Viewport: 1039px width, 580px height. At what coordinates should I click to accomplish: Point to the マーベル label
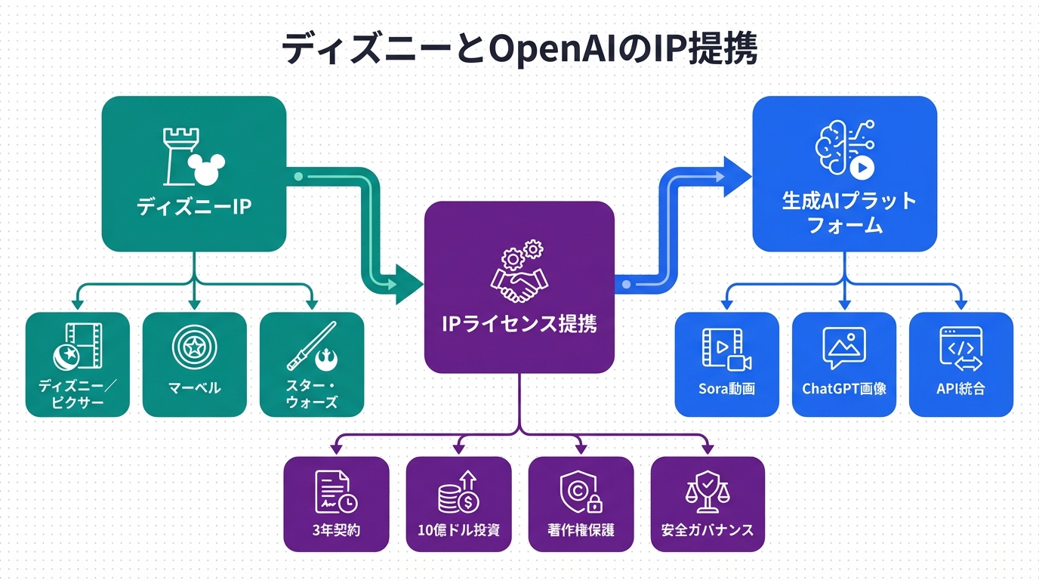point(194,387)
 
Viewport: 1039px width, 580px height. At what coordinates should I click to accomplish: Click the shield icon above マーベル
point(194,347)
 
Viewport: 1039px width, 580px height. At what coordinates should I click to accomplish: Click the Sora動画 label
point(726,389)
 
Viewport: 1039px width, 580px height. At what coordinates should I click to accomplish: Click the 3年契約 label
point(336,529)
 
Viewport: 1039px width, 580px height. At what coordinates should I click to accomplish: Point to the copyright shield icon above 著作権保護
point(581,492)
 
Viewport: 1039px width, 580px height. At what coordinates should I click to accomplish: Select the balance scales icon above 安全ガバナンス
point(708,492)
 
